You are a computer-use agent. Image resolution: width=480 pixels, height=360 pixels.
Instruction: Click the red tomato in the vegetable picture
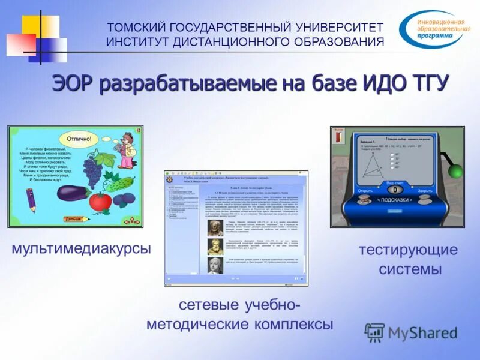pyautogui.click(x=100, y=200)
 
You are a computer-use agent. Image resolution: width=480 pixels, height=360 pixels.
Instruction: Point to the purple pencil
pyautogui.click(x=31, y=197)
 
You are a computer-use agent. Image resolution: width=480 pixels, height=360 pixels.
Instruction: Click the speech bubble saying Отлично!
pyautogui.click(x=80, y=139)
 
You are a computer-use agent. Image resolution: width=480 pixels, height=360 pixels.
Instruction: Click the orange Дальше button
pyautogui.click(x=74, y=219)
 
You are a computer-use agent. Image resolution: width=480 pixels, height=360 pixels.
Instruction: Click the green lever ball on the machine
pyautogui.click(x=455, y=172)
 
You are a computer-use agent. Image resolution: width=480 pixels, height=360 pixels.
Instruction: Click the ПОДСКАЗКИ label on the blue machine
pyautogui.click(x=394, y=200)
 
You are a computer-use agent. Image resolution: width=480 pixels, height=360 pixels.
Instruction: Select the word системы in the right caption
pyautogui.click(x=410, y=269)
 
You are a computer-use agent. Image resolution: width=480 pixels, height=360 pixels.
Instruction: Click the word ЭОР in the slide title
pyautogui.click(x=74, y=83)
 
